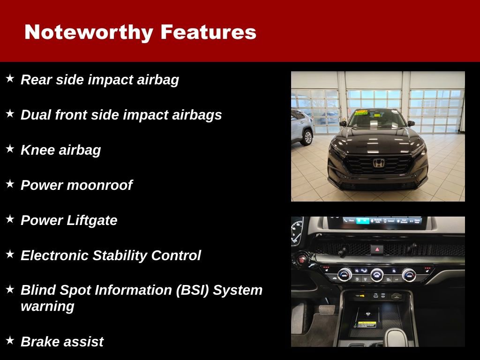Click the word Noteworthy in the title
click(89, 32)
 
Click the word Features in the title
click(208, 32)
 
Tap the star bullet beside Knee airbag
click(10, 149)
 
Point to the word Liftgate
click(92, 220)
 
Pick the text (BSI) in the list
click(193, 290)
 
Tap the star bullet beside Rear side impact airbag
click(10, 79)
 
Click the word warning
click(47, 307)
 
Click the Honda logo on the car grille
click(378, 163)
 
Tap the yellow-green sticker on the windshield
click(361, 113)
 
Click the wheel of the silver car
click(307, 137)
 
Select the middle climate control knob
click(377, 275)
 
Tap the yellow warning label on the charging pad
click(367, 324)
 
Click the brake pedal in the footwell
click(327, 309)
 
